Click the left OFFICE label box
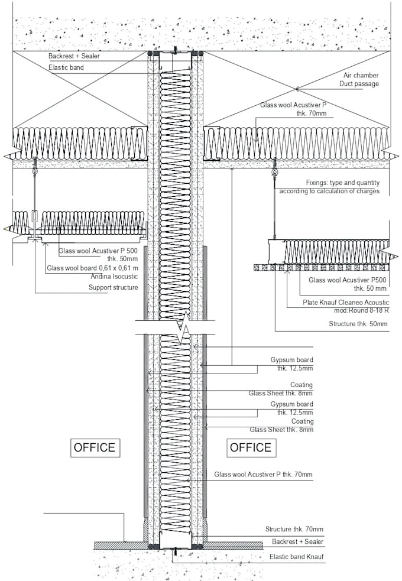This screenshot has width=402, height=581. coord(95,447)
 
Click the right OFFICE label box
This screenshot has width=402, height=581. coord(251,447)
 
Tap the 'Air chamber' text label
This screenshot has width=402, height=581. coord(361,75)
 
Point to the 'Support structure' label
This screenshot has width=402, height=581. coord(113,287)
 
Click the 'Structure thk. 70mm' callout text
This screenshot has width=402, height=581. coord(294,529)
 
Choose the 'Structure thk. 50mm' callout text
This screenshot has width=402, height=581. coord(358,324)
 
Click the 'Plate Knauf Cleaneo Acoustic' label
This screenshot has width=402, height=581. coord(346,303)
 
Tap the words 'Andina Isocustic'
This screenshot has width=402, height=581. coord(114,277)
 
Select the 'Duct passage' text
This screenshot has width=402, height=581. coord(359,84)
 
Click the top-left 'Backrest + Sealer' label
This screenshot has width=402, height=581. coord(74,56)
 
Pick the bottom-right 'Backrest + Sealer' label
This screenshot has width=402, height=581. coord(297,541)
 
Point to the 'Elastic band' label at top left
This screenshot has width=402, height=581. coord(66,67)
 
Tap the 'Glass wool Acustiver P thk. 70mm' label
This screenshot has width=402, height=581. coord(263,474)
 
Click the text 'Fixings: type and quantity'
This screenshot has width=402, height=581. coord(343,183)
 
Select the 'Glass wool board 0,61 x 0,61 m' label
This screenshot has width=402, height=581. coord(93,268)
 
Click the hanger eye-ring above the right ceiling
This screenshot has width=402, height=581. coord(274,173)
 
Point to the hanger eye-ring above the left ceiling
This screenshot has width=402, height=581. coord(35,173)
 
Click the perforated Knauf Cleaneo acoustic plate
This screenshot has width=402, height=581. coord(322,267)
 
